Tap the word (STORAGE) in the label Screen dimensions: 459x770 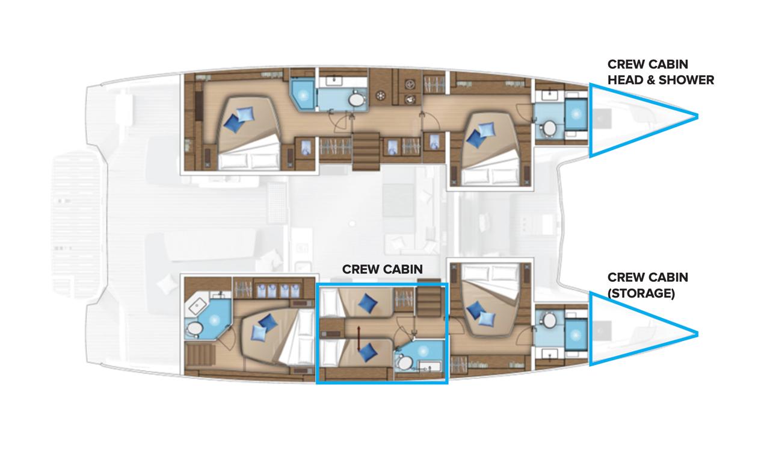click(641, 294)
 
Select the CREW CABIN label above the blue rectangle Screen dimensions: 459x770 click(382, 269)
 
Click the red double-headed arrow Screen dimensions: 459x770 click(359, 339)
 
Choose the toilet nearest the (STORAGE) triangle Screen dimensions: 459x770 click(549, 320)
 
